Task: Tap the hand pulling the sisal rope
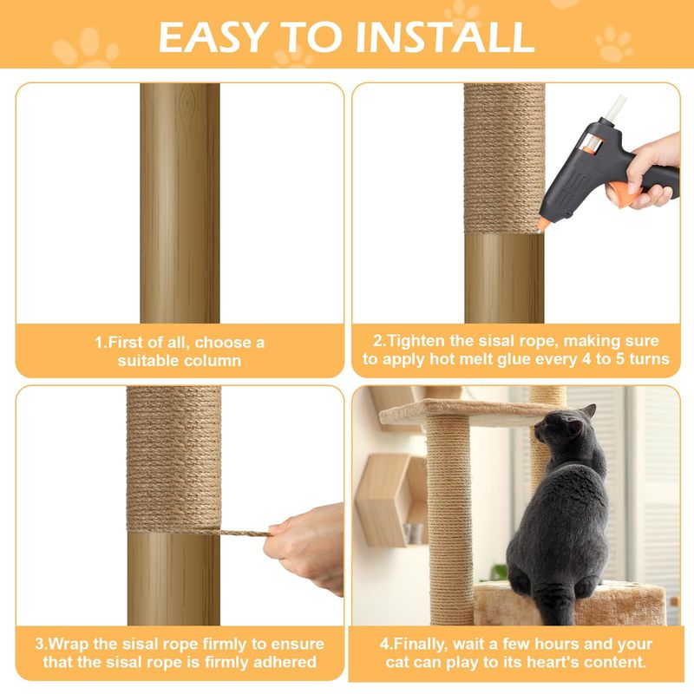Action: pyautogui.click(x=305, y=547)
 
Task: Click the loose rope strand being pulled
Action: pyautogui.click(x=245, y=533)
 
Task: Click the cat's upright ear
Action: pyautogui.click(x=589, y=411)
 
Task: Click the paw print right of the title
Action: pyautogui.click(x=614, y=43)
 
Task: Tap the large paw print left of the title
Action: pyautogui.click(x=85, y=48)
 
